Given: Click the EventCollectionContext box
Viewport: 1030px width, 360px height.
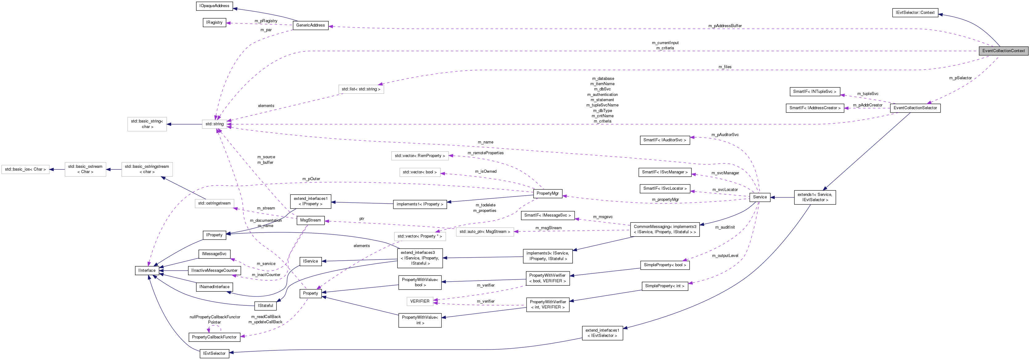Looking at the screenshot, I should pos(1003,51).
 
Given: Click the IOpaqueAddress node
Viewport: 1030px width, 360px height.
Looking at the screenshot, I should pos(214,6).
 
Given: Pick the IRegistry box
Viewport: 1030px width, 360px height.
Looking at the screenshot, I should pos(214,23).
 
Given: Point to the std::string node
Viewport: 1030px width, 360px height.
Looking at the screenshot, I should pos(214,124).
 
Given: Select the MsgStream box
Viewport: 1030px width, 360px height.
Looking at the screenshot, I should pos(310,220).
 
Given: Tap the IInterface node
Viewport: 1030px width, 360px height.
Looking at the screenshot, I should pos(147,271).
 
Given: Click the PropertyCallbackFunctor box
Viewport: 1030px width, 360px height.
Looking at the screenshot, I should pos(214,337).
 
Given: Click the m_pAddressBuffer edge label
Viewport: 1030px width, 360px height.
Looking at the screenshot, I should pos(724,26).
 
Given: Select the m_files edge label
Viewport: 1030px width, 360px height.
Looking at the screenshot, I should pos(724,67).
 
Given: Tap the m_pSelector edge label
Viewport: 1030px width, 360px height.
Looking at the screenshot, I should pos(960,78).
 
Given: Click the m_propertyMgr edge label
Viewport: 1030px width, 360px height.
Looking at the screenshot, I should pos(665,200).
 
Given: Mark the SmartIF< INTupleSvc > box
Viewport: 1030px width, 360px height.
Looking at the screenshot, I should pos(815,92).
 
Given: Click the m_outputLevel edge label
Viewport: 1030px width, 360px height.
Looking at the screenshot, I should pos(724,256).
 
